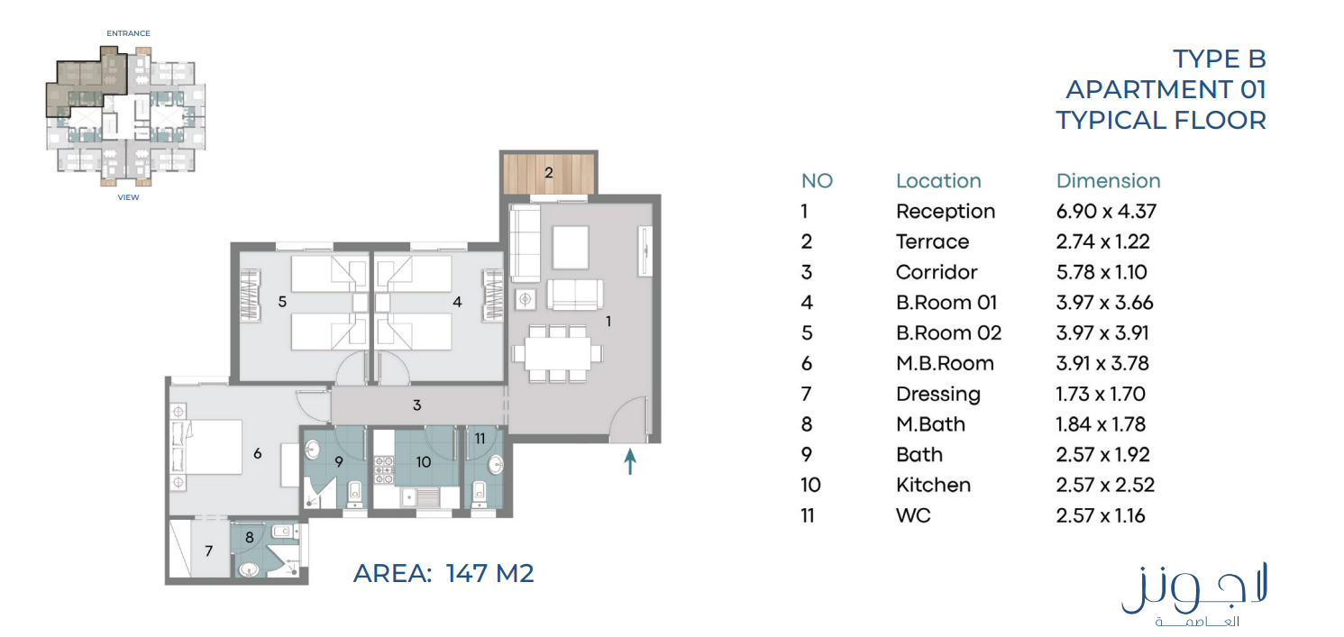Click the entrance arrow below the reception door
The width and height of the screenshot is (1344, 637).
tap(630, 461)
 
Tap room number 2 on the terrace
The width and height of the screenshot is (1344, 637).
tap(548, 173)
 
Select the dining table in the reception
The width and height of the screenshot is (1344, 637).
tap(557, 354)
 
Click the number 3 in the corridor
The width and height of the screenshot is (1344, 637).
tap(417, 405)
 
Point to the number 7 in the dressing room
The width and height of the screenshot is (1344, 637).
tap(208, 551)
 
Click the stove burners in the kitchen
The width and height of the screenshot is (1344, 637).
tap(384, 469)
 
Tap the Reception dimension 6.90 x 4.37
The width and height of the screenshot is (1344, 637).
tap(1106, 211)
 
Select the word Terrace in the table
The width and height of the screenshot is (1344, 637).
tap(932, 241)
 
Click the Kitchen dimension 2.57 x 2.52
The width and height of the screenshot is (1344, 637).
tap(1105, 485)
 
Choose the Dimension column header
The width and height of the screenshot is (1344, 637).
tap(1108, 180)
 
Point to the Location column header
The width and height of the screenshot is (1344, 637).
tap(938, 180)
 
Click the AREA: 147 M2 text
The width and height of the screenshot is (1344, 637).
tap(443, 573)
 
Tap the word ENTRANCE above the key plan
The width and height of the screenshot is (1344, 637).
tap(128, 33)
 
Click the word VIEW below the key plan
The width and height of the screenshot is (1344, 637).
tap(128, 197)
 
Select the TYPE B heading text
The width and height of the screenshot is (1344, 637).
tap(1220, 59)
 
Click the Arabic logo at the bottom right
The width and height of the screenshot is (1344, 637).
tap(1194, 594)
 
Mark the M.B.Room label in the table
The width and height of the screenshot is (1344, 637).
tap(945, 363)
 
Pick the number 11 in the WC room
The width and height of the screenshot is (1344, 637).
tap(480, 439)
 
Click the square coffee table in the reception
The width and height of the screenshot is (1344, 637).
tap(571, 247)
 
